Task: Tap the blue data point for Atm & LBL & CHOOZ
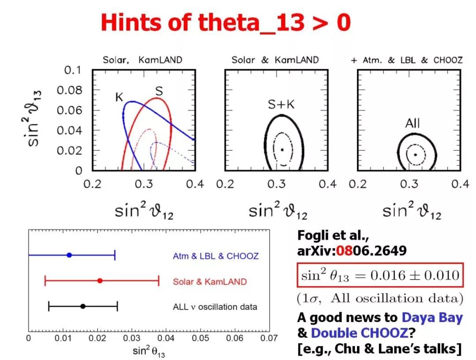tap(69, 255)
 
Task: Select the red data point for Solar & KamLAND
tap(100, 281)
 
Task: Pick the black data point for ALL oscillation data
tap(83, 306)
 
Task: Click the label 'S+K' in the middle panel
tap(281, 105)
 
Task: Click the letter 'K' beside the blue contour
tap(119, 97)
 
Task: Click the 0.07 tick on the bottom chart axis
tap(269, 338)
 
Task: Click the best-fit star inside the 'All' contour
tap(415, 154)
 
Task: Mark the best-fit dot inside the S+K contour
tap(282, 150)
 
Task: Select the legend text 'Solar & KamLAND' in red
tap(210, 281)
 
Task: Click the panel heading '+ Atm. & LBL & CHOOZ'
tap(406, 60)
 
